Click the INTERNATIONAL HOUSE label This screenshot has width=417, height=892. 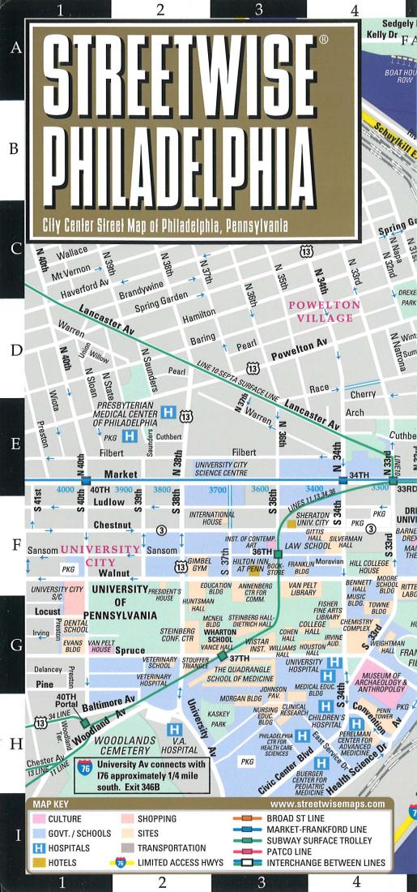point(215,518)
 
